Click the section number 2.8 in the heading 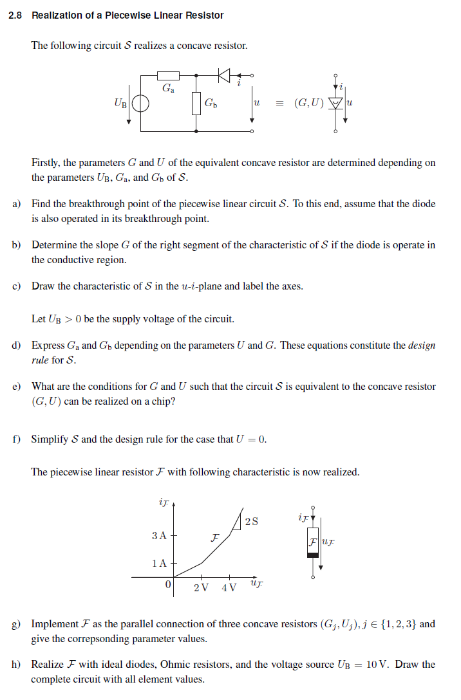15,15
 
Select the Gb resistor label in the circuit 211,103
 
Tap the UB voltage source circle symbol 142,103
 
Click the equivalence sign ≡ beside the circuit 279,103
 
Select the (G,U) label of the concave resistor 309,103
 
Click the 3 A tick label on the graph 159,535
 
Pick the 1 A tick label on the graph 159,563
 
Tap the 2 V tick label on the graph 201,587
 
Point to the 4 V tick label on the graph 229,587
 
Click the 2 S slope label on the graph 252,521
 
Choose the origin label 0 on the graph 168,585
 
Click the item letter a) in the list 16,204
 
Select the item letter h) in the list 16,665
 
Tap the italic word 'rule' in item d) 40,360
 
